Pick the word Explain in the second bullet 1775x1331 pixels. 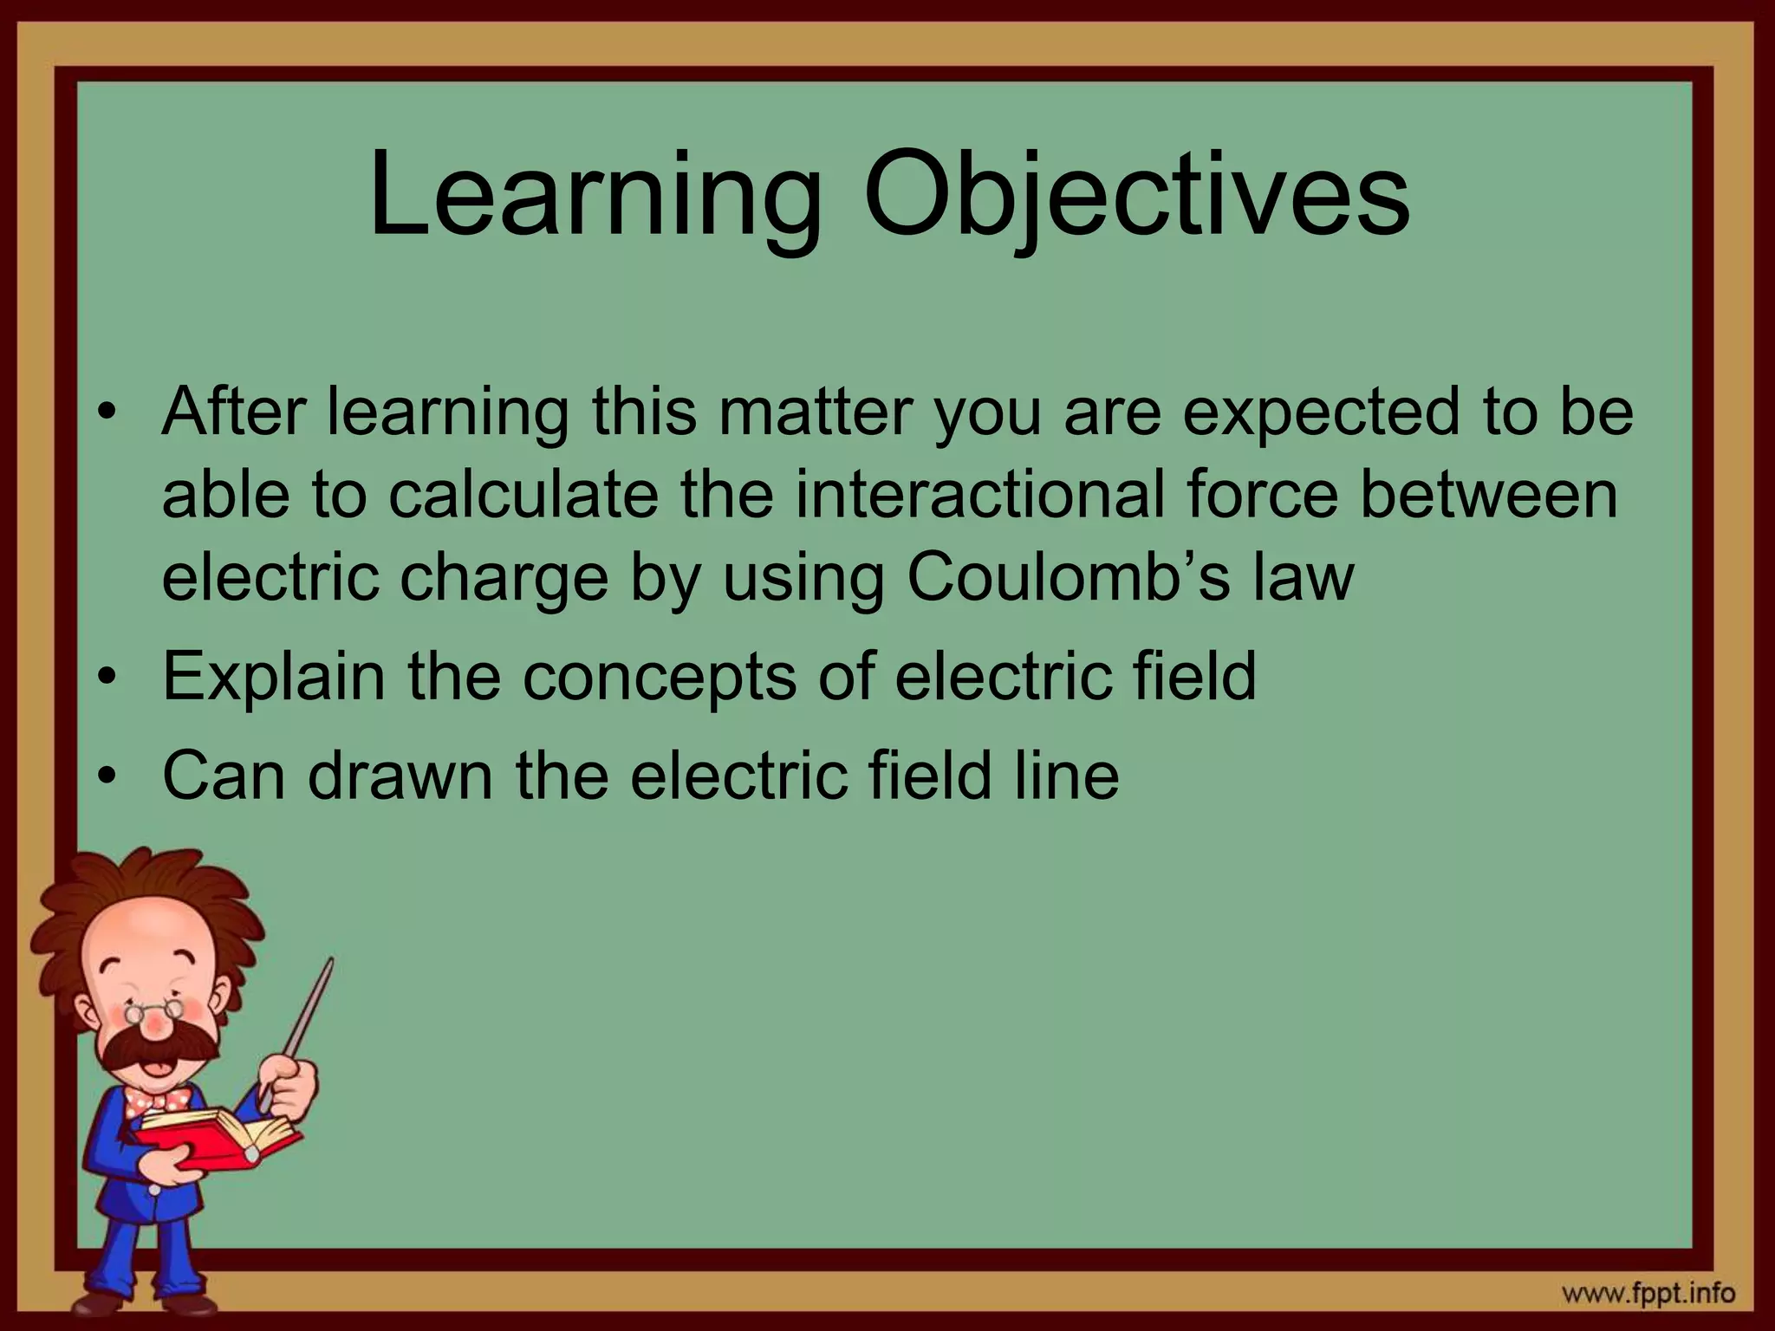(x=274, y=677)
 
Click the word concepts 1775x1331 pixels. (x=659, y=677)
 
